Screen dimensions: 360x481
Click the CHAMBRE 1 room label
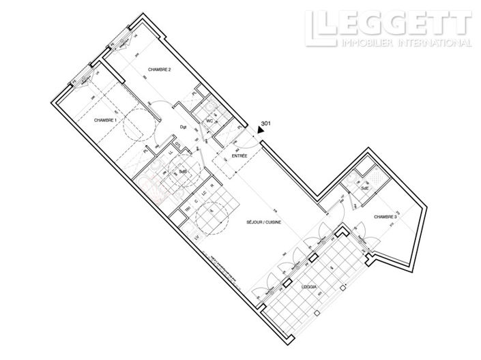[x=106, y=120]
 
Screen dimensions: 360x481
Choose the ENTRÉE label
[x=239, y=155]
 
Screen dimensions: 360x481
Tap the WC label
[x=210, y=122]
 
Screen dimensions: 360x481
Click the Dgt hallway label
[x=183, y=127]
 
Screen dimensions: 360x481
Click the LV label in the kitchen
[x=196, y=237]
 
